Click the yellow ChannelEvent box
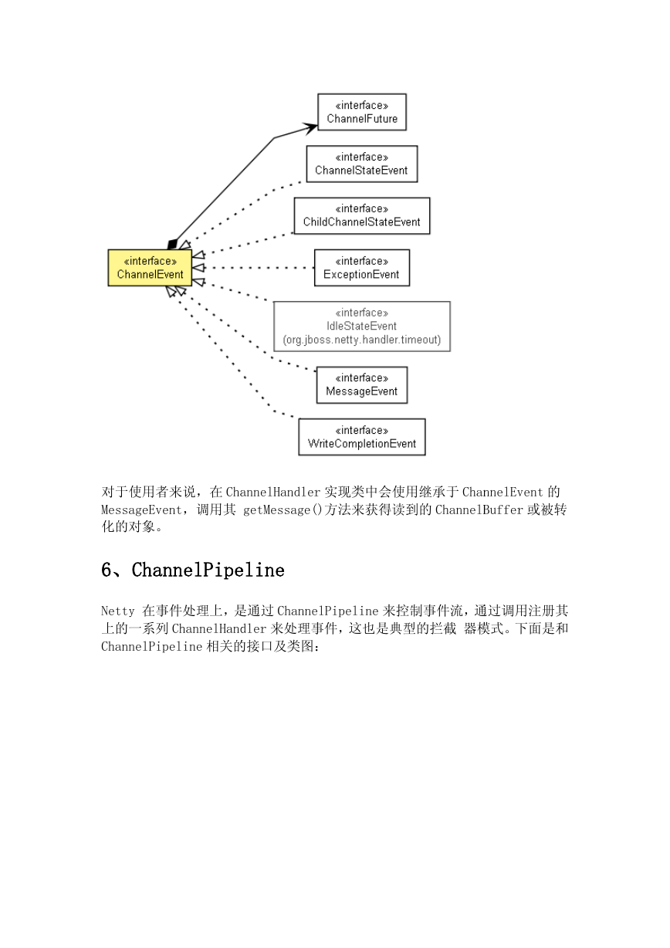pyautogui.click(x=150, y=267)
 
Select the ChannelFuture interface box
pyautogui.click(x=362, y=112)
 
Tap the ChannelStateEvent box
pyautogui.click(x=362, y=164)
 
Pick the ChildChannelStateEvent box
pyautogui.click(x=362, y=216)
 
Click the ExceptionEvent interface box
pyautogui.click(x=362, y=267)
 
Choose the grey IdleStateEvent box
pyautogui.click(x=362, y=327)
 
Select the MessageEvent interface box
pyautogui.click(x=362, y=384)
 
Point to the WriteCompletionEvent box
pyautogui.click(x=362, y=437)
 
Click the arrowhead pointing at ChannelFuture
pyautogui.click(x=310, y=127)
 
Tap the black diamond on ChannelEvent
pyautogui.click(x=172, y=244)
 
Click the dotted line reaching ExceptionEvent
pyautogui.click(x=259, y=267)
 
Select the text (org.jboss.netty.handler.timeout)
pyautogui.click(x=362, y=340)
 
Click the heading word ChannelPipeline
pyautogui.click(x=208, y=570)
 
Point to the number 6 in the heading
pyautogui.click(x=106, y=570)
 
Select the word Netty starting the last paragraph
pyautogui.click(x=117, y=611)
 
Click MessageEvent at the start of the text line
pyautogui.click(x=141, y=510)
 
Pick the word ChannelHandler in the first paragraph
pyautogui.click(x=273, y=492)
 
